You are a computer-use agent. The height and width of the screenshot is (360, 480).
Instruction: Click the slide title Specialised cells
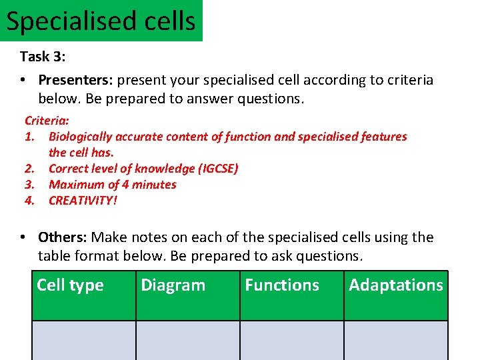(x=101, y=21)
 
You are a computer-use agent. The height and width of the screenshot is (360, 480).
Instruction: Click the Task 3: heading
(x=43, y=57)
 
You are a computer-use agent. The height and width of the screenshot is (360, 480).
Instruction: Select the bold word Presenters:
(x=75, y=80)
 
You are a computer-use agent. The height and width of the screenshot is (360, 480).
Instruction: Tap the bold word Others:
(x=63, y=237)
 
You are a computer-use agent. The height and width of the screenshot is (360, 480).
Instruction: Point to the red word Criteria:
(x=47, y=121)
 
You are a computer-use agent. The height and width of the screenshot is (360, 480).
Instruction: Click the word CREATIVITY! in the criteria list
(x=83, y=200)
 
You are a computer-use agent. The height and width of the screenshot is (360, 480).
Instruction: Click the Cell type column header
(x=70, y=285)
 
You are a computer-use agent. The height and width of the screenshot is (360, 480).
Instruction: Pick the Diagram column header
(x=173, y=285)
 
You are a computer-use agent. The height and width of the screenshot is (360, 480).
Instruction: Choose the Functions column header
(x=282, y=285)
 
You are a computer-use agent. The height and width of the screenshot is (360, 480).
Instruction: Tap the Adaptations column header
(x=395, y=285)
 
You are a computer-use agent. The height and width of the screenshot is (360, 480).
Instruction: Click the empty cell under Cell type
(x=83, y=341)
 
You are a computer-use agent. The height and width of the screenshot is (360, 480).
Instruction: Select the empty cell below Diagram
(x=187, y=341)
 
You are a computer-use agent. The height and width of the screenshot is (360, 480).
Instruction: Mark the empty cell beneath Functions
(x=291, y=341)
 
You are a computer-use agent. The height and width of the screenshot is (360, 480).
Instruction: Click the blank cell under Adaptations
(x=395, y=341)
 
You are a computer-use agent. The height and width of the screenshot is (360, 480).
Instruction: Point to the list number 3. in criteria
(x=29, y=184)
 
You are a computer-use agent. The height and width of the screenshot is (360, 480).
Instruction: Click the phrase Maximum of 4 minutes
(x=112, y=184)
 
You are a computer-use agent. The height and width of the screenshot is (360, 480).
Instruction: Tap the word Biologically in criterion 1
(x=80, y=137)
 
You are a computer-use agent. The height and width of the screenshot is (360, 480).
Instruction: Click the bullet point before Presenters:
(x=23, y=81)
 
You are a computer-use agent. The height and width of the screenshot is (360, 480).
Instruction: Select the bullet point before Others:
(x=23, y=238)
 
